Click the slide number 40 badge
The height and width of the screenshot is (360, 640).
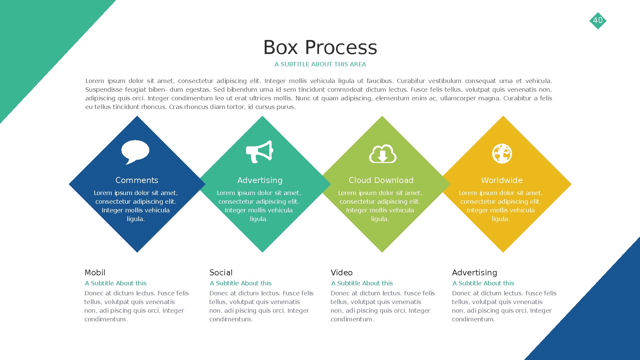click(598, 20)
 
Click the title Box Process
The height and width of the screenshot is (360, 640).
click(320, 47)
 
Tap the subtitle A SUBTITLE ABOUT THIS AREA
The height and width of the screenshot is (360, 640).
click(320, 64)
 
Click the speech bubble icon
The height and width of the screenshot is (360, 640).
click(135, 151)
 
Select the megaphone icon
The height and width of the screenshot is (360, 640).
click(259, 151)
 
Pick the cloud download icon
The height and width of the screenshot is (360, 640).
click(383, 154)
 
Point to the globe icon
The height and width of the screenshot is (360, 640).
click(502, 154)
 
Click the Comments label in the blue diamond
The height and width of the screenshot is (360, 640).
click(137, 180)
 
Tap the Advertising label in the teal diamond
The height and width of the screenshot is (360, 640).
click(260, 180)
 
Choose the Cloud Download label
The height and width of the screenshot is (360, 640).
click(381, 180)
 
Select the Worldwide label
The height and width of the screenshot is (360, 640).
click(502, 180)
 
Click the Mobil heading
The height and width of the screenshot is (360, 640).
click(95, 273)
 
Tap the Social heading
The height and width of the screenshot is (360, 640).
click(221, 273)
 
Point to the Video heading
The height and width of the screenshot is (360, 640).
click(342, 273)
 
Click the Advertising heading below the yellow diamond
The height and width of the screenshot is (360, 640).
click(474, 273)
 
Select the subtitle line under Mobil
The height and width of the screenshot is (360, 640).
click(116, 283)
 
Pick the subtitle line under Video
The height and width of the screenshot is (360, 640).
click(362, 283)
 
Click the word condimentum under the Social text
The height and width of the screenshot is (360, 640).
click(231, 319)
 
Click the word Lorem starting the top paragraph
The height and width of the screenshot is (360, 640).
click(95, 81)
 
